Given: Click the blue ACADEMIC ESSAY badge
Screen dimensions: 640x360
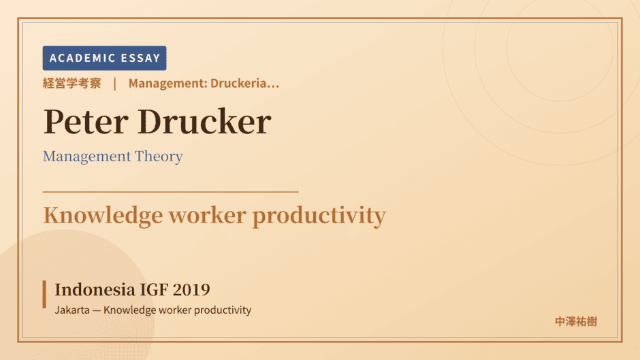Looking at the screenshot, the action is [x=104, y=58].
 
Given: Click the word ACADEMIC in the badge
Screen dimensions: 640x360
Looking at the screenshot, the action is [x=82, y=58].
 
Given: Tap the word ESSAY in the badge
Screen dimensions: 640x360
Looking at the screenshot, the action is [x=140, y=58].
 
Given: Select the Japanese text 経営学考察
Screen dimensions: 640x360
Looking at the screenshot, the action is [x=72, y=83].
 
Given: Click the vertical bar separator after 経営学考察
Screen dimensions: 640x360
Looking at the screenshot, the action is [x=114, y=84].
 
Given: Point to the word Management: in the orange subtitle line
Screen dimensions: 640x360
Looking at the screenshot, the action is [x=167, y=83].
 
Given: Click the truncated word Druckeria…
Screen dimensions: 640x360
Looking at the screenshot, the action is [x=245, y=83].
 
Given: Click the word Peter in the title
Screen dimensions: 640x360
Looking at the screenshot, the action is [x=86, y=122].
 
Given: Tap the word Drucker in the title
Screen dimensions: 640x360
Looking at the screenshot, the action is [x=204, y=121].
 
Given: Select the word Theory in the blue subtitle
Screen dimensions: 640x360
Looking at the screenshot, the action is [x=159, y=157].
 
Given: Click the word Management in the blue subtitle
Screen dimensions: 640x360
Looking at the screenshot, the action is [x=87, y=157].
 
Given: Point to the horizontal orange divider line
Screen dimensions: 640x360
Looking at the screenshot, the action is [x=171, y=191].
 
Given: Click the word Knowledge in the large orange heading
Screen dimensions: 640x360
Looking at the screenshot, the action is [x=103, y=216].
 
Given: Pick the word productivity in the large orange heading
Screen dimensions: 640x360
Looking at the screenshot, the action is [x=319, y=216].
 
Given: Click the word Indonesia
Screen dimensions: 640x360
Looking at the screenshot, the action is [x=95, y=290].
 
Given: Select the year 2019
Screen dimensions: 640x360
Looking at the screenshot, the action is [x=191, y=290].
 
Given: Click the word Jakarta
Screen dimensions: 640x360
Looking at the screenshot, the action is [x=72, y=310].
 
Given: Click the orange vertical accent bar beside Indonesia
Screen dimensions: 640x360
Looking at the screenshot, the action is [x=44, y=294].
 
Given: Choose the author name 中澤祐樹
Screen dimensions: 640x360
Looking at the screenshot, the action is [x=576, y=322].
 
